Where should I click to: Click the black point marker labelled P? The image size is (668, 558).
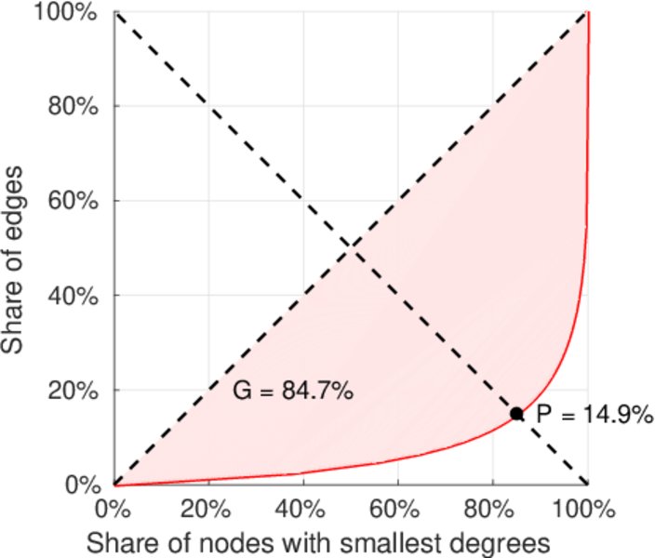coord(516,414)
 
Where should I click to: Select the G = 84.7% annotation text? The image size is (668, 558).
coord(292,392)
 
